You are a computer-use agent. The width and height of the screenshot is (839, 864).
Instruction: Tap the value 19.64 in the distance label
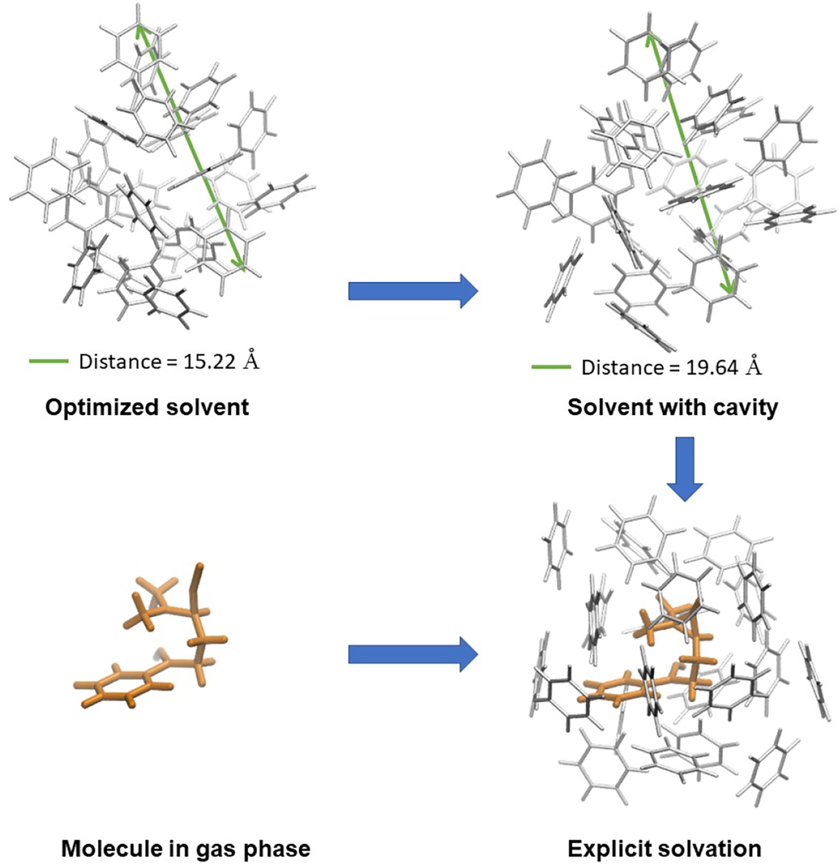[712, 367]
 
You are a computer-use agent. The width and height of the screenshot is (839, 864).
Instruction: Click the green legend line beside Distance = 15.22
[48, 361]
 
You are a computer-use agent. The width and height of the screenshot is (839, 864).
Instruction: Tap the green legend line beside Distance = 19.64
[551, 367]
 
